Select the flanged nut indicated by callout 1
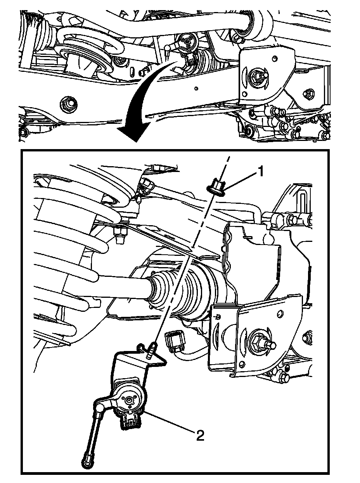(x=216, y=187)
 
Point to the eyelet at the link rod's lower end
(x=87, y=457)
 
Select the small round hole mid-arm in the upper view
(x=196, y=89)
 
